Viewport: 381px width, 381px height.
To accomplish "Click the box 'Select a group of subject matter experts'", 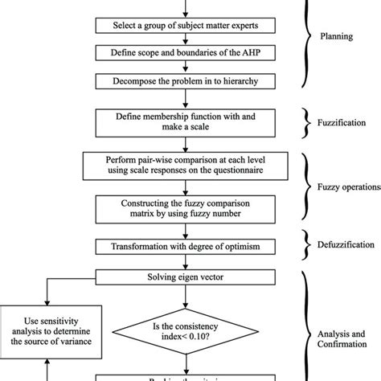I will click(x=185, y=27).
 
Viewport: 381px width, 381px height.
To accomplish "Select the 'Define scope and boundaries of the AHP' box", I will click(x=185, y=53).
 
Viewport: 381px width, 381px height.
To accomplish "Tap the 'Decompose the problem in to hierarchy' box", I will click(x=185, y=80).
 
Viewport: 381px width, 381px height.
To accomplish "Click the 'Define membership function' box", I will click(x=185, y=123).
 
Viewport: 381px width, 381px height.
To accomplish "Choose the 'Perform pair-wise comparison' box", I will click(x=185, y=166).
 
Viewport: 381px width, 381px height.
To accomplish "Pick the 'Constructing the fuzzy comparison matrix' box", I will click(x=185, y=210).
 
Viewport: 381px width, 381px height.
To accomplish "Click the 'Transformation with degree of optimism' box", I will click(x=185, y=245).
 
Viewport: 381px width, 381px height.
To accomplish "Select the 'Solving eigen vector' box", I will click(x=185, y=277).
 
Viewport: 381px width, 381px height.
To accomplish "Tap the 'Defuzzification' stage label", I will click(x=346, y=244).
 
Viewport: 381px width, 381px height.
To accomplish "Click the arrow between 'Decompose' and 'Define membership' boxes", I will click(x=185, y=98).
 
